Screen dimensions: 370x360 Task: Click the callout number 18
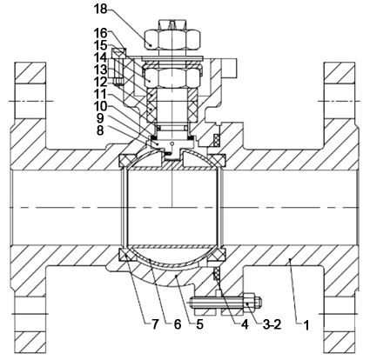coord(100,9)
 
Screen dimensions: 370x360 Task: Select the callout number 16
coord(100,34)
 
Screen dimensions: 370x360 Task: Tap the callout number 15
coord(100,45)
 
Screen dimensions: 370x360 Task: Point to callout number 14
coord(100,57)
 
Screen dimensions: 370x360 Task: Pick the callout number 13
coord(100,70)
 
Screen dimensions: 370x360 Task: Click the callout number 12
coord(100,82)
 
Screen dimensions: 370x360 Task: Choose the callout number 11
coord(100,94)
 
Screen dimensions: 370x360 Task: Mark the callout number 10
coord(100,106)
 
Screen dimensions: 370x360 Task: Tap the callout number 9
coord(100,118)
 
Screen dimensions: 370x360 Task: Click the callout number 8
coord(100,130)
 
